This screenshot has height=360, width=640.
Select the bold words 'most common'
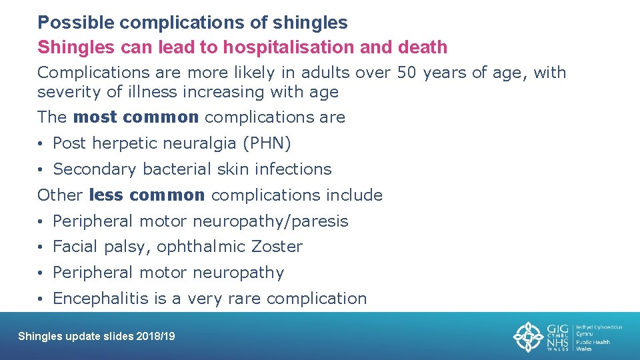click(136, 117)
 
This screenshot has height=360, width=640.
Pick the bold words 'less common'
click(147, 195)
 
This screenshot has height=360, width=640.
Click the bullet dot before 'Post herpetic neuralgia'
click(41, 144)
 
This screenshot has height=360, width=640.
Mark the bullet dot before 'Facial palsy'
click(41, 247)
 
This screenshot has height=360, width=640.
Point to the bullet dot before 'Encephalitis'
click(41, 299)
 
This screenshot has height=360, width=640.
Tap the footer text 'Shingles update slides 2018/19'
click(97, 337)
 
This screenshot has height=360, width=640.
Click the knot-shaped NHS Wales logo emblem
click(528, 337)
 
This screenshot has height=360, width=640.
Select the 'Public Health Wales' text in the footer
click(593, 341)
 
